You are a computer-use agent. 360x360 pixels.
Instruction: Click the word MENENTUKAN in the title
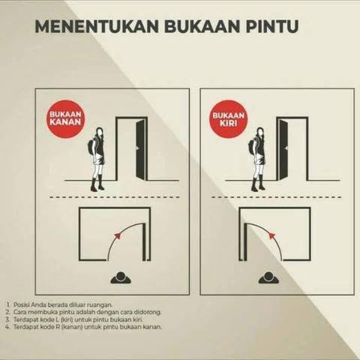point(97,26)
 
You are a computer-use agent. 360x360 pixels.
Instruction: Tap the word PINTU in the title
point(272,26)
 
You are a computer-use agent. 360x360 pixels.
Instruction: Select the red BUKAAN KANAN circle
point(65,118)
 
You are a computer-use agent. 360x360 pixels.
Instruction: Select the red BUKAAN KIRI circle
point(229,118)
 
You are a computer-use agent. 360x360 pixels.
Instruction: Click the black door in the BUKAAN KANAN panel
point(140,149)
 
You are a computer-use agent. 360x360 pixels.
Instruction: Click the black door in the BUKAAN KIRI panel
point(283,149)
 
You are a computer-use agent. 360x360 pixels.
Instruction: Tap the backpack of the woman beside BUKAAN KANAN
point(91,147)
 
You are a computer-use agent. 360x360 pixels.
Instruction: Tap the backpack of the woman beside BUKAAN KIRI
point(252,147)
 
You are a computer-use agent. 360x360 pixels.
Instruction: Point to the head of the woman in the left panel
point(100,132)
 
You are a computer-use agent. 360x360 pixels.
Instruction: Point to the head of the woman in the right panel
point(260,132)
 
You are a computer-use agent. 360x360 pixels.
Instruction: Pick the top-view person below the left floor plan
point(121,277)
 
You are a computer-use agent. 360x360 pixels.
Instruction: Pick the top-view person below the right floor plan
point(268,277)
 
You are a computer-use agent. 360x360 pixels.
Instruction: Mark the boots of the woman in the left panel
point(97,184)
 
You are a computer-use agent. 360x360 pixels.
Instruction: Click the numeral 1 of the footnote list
point(8,304)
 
